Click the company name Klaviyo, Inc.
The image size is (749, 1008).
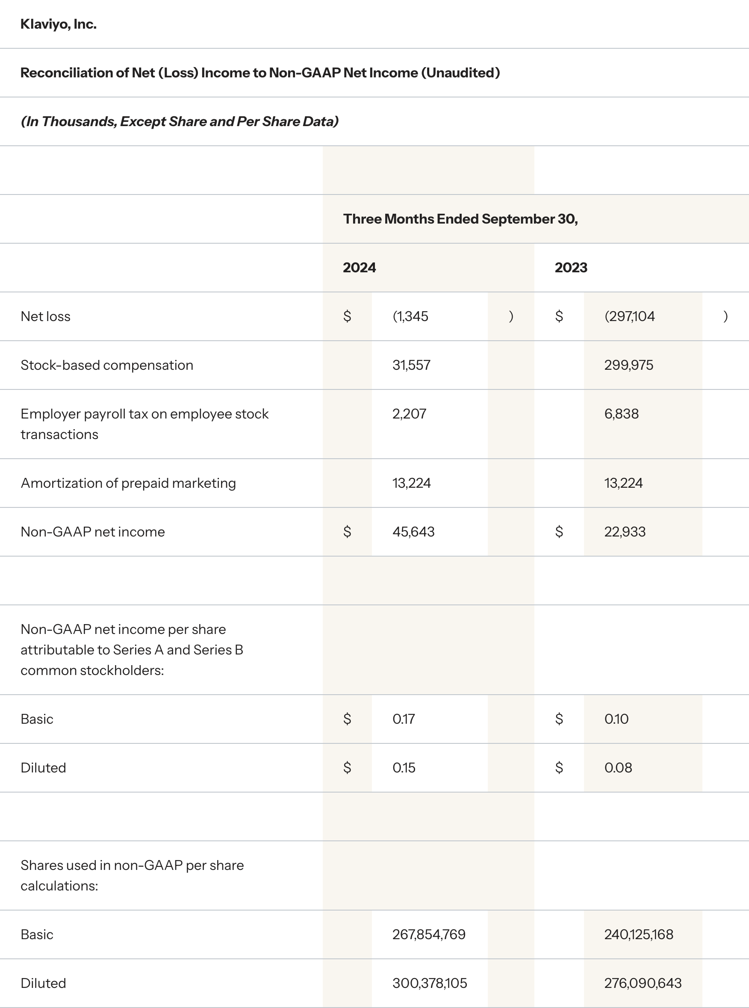click(59, 24)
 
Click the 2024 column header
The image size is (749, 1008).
click(359, 268)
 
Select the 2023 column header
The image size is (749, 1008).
click(571, 268)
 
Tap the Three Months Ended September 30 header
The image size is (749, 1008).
click(460, 219)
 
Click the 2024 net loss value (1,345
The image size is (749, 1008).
click(410, 316)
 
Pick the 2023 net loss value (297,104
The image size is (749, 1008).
click(629, 316)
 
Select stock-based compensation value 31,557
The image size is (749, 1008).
click(411, 365)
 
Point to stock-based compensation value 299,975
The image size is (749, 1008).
click(628, 365)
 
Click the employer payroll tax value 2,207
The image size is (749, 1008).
click(409, 414)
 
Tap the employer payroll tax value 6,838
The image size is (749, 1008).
click(621, 414)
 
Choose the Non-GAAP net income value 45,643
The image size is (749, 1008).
click(413, 532)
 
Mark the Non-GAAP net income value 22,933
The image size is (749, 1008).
click(625, 532)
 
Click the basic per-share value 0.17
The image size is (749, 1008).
click(404, 719)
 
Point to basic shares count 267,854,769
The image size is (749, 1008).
click(428, 934)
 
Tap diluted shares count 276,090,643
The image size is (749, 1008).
click(643, 983)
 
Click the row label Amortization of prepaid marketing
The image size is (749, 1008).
click(128, 483)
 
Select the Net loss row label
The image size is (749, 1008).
click(45, 316)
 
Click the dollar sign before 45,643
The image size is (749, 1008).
click(347, 532)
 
